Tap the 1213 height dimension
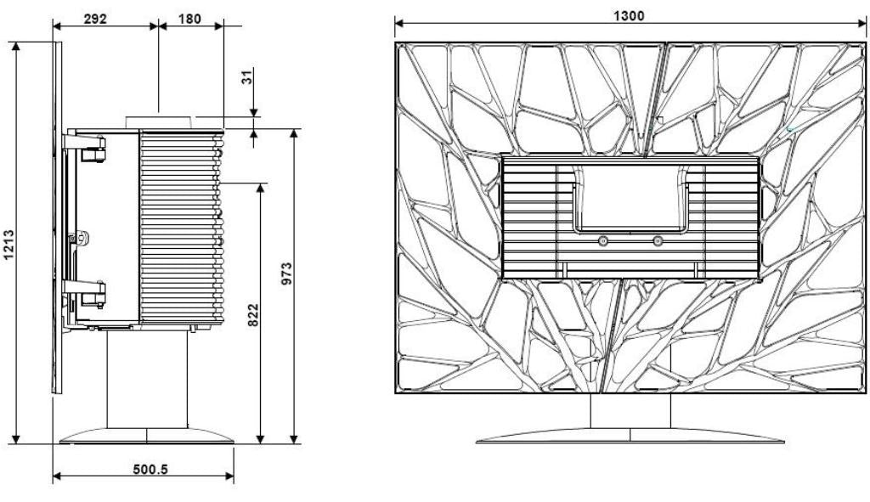(9, 247)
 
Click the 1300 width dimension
(630, 15)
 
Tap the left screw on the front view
(602, 241)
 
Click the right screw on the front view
(657, 241)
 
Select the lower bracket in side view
(91, 293)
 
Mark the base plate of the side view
(146, 436)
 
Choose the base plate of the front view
(630, 435)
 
